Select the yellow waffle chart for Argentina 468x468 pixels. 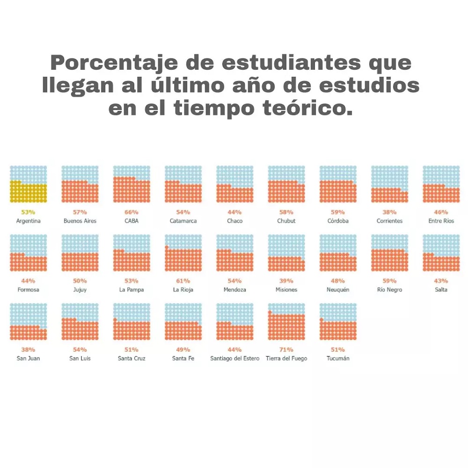(x=29, y=184)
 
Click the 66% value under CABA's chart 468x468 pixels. (x=132, y=212)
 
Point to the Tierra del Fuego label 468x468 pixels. (x=286, y=358)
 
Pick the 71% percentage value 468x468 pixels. (x=286, y=350)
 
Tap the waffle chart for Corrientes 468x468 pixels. (x=389, y=184)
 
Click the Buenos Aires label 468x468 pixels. (x=80, y=221)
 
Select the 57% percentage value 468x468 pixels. (x=80, y=212)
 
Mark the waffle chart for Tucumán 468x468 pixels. (x=338, y=322)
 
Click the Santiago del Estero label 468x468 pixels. (x=234, y=358)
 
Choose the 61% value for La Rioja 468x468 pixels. (x=183, y=281)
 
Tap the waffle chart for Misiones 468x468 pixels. (x=286, y=253)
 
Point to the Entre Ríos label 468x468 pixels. (x=441, y=221)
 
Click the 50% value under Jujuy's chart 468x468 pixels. (x=80, y=281)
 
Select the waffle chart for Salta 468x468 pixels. (x=441, y=253)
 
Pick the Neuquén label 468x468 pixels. (x=338, y=290)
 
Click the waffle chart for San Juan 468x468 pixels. (x=29, y=322)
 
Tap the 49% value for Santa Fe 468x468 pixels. (x=183, y=350)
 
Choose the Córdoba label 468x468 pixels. (x=338, y=221)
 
